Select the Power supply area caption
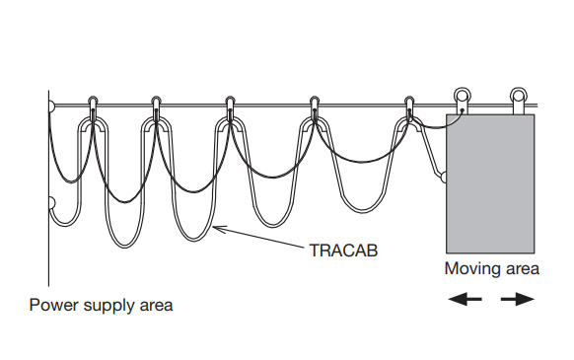click(101, 305)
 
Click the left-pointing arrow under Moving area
click(466, 297)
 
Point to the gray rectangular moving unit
click(491, 182)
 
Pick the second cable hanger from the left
click(156, 106)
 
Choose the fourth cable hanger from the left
click(315, 106)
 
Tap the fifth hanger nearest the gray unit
click(409, 106)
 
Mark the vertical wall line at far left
click(49, 197)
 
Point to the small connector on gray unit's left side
click(445, 178)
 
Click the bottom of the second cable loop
click(192, 237)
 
